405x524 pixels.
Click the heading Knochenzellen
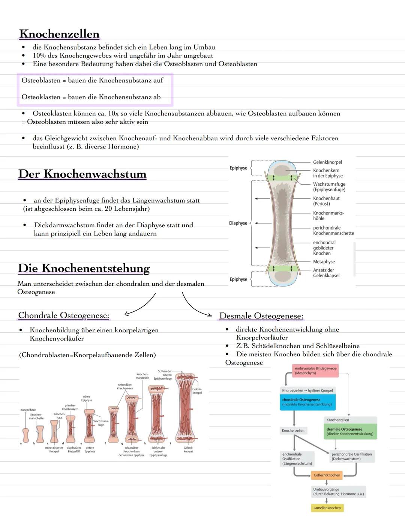point(59,34)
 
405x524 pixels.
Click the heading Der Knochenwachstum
point(82,174)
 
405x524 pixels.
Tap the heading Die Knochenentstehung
point(84,268)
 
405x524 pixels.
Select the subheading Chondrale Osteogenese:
point(64,315)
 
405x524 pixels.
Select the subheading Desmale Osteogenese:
point(261,316)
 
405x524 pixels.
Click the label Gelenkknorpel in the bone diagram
point(327,162)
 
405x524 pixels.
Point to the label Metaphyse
point(324,262)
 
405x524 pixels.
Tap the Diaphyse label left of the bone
point(238,223)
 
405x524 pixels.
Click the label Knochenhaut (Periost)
point(326,201)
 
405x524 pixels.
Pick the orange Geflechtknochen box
point(327,475)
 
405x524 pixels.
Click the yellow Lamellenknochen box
point(327,508)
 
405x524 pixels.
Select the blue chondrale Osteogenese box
point(307,402)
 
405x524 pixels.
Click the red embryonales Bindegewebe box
point(315,371)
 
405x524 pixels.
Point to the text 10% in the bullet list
point(39,56)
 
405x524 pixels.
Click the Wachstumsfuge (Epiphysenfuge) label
point(329,187)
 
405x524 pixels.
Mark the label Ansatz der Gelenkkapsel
point(326,273)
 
